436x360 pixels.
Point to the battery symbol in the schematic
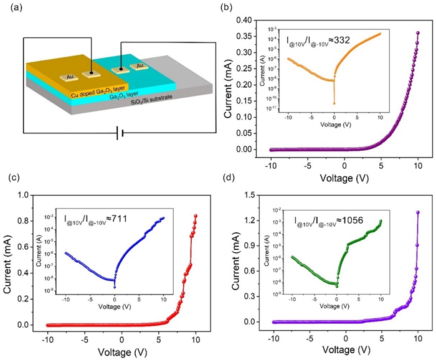(119, 133)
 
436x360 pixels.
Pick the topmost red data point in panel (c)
(196, 216)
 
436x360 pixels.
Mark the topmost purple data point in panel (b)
(418, 32)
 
